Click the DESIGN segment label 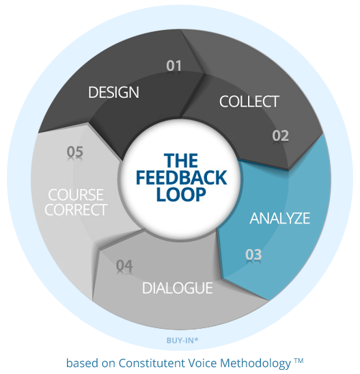tap(113, 92)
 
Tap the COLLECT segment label tap(249, 101)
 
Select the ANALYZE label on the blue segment tap(279, 218)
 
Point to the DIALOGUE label tap(177, 288)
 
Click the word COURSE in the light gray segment tap(76, 195)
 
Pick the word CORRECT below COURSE tap(76, 210)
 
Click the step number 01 tap(174, 66)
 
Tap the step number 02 tap(281, 135)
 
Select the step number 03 tap(253, 254)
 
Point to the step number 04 tap(124, 265)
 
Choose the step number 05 tap(75, 152)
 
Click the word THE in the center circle tap(181, 161)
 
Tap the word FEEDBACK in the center tap(181, 178)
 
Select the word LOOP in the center tap(181, 194)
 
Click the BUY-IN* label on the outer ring tap(182, 340)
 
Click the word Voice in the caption tap(202, 363)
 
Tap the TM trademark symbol tap(299, 360)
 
